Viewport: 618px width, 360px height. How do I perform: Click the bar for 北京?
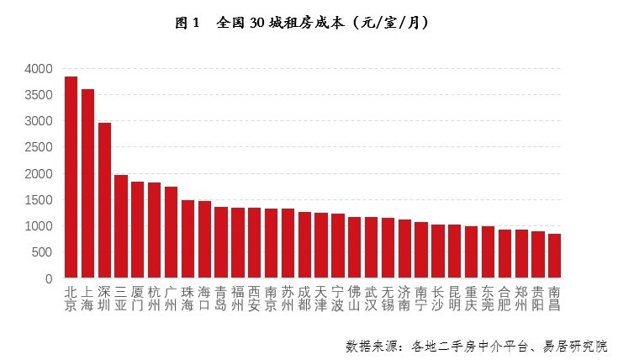point(71,177)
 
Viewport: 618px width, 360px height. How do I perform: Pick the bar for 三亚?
point(121,226)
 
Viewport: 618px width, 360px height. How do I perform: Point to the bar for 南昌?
point(554,256)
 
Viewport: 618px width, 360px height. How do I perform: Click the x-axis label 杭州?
point(154,299)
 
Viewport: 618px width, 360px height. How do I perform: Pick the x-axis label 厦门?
point(137,299)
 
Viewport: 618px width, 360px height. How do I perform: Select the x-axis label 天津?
point(320,299)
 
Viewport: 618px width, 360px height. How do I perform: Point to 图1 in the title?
point(187,23)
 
